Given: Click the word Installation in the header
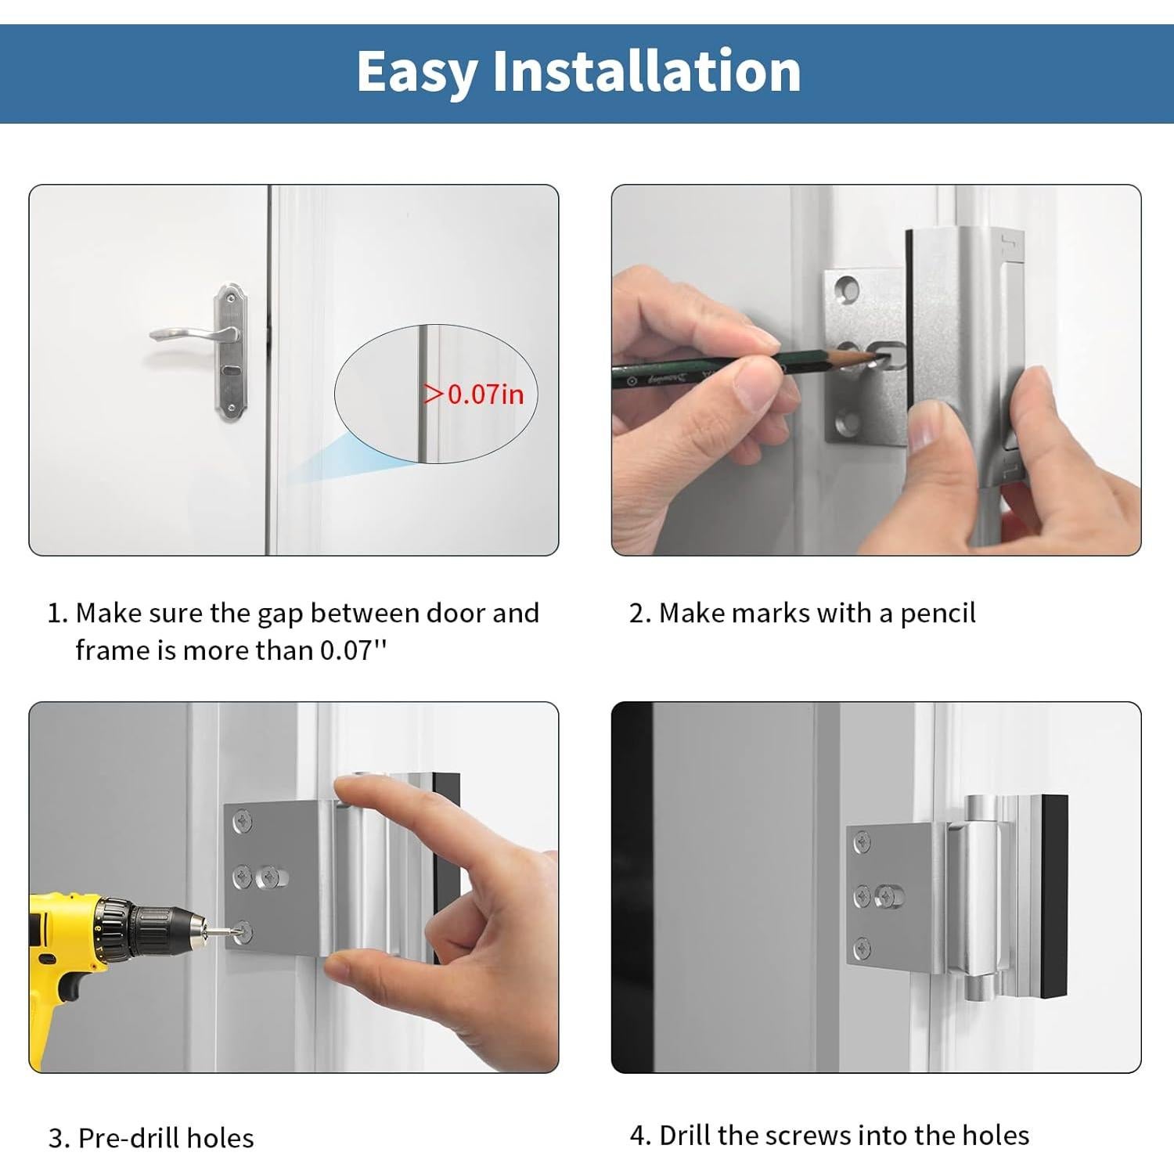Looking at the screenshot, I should click(646, 71).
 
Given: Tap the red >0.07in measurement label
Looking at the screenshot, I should click(474, 394).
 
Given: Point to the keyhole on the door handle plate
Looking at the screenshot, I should click(229, 369).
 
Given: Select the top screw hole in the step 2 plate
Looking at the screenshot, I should click(848, 289).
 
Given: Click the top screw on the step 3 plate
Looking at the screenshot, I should click(243, 823).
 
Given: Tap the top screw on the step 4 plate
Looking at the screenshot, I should click(862, 843).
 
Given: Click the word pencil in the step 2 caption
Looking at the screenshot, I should click(938, 614).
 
